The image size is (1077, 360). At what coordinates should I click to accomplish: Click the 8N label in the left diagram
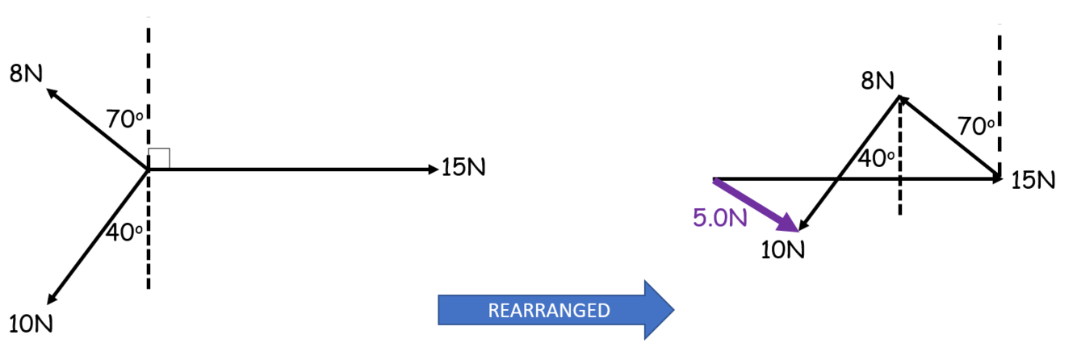pyautogui.click(x=27, y=74)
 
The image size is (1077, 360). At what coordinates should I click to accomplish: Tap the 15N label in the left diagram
pyautogui.click(x=465, y=169)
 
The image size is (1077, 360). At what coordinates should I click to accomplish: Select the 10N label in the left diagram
pyautogui.click(x=33, y=324)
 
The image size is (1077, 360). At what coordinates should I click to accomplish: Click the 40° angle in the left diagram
pyautogui.click(x=124, y=232)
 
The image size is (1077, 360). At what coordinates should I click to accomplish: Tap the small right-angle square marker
pyautogui.click(x=159, y=158)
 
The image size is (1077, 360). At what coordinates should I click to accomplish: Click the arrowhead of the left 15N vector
pyautogui.click(x=432, y=169)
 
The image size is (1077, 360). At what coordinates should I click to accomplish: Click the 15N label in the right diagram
pyautogui.click(x=1033, y=179)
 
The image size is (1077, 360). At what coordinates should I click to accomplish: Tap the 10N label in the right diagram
pyautogui.click(x=783, y=249)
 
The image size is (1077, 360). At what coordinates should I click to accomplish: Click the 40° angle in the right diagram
pyautogui.click(x=876, y=159)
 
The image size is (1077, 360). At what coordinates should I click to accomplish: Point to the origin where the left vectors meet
pyautogui.click(x=148, y=170)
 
